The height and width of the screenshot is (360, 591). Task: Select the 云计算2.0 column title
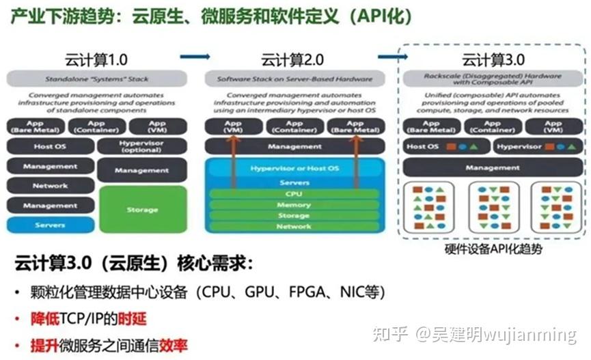click(x=293, y=59)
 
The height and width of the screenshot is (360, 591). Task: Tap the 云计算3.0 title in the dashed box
click(x=491, y=59)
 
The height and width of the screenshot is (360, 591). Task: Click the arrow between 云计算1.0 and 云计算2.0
click(x=195, y=57)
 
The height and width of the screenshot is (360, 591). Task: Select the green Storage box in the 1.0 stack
click(x=142, y=210)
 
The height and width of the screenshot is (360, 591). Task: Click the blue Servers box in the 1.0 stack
click(x=50, y=225)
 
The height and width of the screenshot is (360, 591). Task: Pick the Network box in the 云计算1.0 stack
click(x=50, y=186)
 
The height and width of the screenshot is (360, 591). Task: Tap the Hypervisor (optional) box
click(x=142, y=146)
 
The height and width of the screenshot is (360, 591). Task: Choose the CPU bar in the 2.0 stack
click(x=294, y=194)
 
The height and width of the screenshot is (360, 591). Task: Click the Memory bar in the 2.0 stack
click(x=294, y=205)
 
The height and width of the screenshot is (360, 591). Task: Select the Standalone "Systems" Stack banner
click(x=96, y=79)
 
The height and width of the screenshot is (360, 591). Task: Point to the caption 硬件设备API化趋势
click(x=492, y=250)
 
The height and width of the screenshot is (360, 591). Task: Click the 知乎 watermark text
click(x=393, y=335)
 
